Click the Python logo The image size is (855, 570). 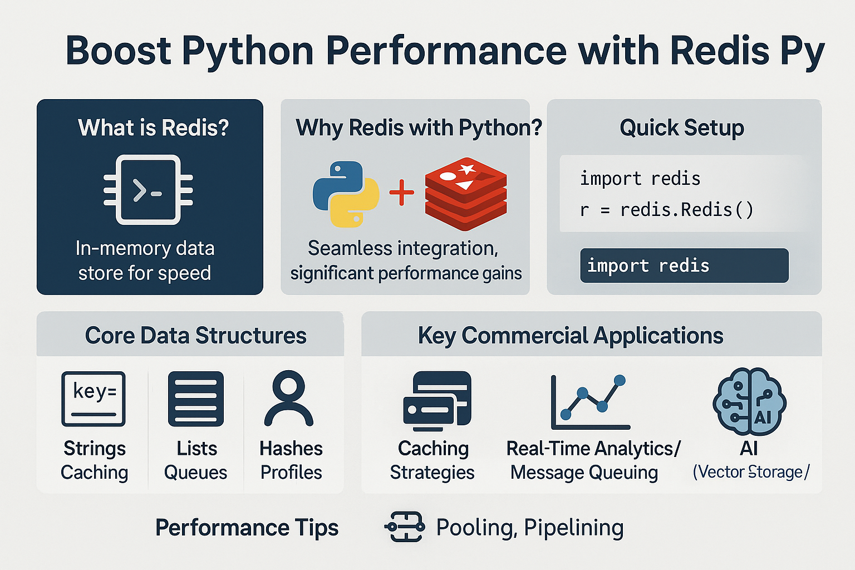click(x=346, y=194)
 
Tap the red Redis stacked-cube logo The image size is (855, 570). click(x=466, y=194)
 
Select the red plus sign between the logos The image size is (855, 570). click(x=401, y=192)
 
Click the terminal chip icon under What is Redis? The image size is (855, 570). click(x=148, y=190)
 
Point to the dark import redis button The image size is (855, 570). click(x=684, y=266)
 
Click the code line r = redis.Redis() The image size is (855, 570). click(x=667, y=210)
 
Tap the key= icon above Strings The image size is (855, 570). click(x=94, y=399)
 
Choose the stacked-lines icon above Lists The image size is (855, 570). click(x=196, y=399)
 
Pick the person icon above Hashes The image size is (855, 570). click(x=288, y=398)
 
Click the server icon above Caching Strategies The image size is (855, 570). click(x=438, y=401)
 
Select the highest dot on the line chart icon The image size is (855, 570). click(x=620, y=380)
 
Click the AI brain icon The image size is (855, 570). click(x=749, y=401)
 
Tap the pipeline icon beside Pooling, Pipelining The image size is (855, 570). click(x=405, y=527)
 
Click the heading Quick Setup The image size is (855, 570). click(x=682, y=127)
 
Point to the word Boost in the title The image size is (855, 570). click(x=119, y=51)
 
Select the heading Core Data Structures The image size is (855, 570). click(x=196, y=336)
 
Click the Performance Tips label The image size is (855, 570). click(x=247, y=528)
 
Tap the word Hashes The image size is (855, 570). click(x=291, y=449)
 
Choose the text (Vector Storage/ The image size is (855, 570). click(x=751, y=472)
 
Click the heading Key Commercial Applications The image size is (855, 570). click(x=571, y=336)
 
